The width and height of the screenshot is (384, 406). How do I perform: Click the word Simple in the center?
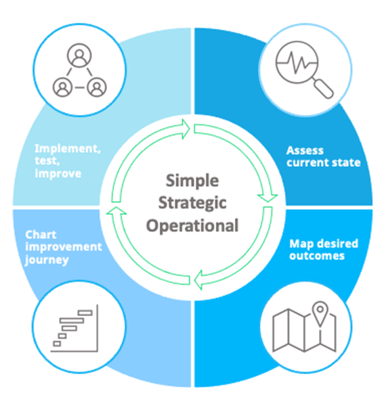[192, 181]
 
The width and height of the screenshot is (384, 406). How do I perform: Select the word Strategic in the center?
[192, 203]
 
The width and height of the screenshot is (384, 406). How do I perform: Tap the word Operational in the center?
[192, 225]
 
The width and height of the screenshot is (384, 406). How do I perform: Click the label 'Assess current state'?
[323, 157]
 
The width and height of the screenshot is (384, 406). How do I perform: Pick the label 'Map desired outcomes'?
[324, 250]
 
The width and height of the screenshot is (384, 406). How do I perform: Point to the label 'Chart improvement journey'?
[64, 247]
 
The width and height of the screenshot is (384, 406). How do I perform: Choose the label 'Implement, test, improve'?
[68, 161]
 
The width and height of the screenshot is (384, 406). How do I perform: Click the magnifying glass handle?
[323, 88]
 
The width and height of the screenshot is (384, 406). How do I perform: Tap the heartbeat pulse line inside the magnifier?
[297, 62]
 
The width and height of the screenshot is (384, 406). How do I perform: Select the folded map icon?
[304, 330]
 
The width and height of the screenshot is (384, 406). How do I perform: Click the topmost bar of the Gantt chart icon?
[85, 313]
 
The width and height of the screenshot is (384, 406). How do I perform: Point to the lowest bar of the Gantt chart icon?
[57, 344]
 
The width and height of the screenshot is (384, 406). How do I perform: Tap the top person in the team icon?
[79, 55]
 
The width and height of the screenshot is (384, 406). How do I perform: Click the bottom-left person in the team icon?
[62, 87]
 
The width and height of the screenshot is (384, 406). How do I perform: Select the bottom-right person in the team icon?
[97, 87]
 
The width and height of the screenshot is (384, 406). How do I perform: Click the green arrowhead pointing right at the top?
[186, 129]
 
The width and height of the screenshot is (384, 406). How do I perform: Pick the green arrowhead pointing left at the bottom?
[198, 280]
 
